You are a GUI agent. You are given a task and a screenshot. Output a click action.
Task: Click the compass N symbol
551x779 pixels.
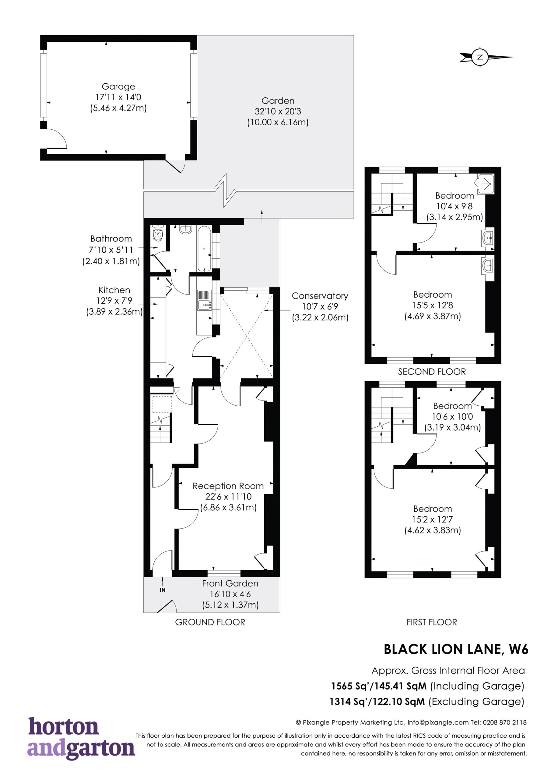pyautogui.click(x=480, y=57)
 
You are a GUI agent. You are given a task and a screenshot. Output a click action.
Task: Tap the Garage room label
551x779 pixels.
pyautogui.click(x=118, y=86)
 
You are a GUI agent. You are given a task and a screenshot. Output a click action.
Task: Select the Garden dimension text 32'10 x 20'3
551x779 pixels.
pyautogui.click(x=278, y=111)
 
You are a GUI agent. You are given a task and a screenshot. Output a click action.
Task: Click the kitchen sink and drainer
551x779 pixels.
pyautogui.click(x=204, y=300)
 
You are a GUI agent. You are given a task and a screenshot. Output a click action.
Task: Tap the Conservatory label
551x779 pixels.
pyautogui.click(x=320, y=296)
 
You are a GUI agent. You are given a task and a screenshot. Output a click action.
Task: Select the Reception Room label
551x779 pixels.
pyautogui.click(x=228, y=486)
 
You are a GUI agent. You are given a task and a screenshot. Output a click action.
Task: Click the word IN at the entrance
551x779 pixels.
pyautogui.click(x=163, y=590)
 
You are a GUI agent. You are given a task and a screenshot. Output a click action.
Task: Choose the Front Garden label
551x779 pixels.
pyautogui.click(x=230, y=583)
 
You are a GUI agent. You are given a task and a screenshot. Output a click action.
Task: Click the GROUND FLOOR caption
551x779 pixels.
pyautogui.click(x=210, y=622)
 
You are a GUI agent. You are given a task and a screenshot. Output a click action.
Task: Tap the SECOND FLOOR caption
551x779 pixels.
pyautogui.click(x=432, y=372)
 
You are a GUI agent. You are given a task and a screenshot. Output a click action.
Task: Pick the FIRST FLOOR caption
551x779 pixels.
pyautogui.click(x=432, y=622)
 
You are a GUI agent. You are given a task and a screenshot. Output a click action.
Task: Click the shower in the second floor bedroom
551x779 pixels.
pyautogui.click(x=486, y=183)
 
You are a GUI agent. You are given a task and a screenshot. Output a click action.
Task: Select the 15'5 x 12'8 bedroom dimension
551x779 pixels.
pyautogui.click(x=433, y=305)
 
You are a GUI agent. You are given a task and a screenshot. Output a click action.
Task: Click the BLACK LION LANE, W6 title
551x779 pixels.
pyautogui.click(x=456, y=649)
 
